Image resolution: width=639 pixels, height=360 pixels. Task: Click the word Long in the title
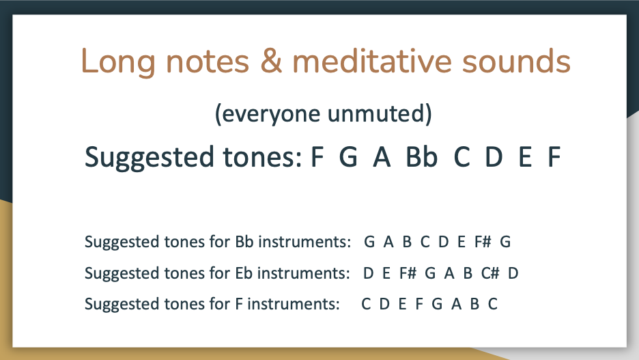coord(118,62)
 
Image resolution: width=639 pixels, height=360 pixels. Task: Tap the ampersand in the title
coord(272,60)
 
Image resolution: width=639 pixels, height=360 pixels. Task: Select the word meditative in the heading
coord(372,60)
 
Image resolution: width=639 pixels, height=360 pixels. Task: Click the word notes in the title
coord(208,61)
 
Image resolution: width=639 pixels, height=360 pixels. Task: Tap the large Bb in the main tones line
coord(421,156)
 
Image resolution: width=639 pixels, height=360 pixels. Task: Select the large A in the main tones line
coord(382,157)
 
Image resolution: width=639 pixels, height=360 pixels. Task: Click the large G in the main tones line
coord(348,157)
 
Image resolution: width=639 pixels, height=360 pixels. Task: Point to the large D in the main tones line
coord(494,157)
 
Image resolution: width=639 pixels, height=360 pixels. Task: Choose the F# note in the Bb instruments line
coord(483,242)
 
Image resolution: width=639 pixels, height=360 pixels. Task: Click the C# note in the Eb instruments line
coord(490,273)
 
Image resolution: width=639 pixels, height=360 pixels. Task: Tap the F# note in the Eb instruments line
coord(408,273)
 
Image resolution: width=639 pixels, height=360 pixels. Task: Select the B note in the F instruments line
coord(474,304)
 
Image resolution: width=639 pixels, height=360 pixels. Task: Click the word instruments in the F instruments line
coord(294,304)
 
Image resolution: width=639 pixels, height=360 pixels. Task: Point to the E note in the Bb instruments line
coord(461,242)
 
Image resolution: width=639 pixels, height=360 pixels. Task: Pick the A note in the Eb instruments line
coord(449,273)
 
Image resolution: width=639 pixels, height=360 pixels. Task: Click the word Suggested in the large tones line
coord(149,158)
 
